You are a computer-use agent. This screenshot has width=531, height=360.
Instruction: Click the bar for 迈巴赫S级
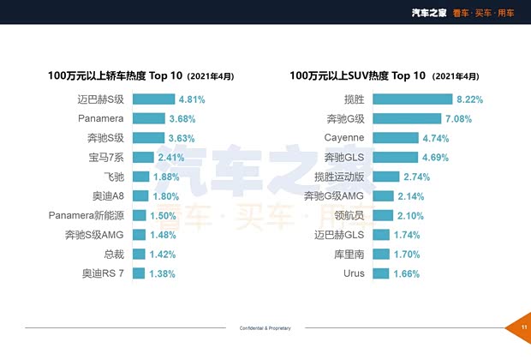pyautogui.click(x=152, y=99)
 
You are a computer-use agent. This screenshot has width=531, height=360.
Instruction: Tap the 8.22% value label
pyautogui.click(x=470, y=99)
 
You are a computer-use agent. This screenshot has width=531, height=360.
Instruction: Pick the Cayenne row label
pyautogui.click(x=344, y=137)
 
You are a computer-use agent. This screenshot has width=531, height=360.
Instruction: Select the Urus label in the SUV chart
pyautogui.click(x=354, y=273)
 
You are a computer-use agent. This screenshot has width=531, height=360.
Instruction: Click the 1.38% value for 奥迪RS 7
pyautogui.click(x=162, y=273)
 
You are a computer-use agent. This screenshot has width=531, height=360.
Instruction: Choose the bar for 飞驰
pyautogui.click(x=140, y=177)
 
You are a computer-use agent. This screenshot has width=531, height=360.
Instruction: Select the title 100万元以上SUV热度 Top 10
pyautogui.click(x=358, y=75)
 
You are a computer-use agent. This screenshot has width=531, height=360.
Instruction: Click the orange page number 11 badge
pyautogui.click(x=522, y=327)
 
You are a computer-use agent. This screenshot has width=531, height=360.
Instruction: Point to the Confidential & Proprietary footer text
pyautogui.click(x=265, y=328)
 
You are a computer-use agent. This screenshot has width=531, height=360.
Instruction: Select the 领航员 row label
pyautogui.click(x=349, y=215)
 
